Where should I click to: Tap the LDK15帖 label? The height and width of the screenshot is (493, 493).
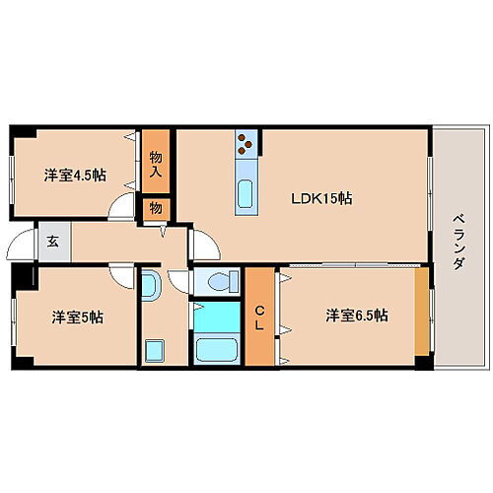[x=321, y=198]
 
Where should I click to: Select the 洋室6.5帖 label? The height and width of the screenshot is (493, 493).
[x=357, y=316]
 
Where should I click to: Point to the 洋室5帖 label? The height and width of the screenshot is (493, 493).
[x=78, y=317]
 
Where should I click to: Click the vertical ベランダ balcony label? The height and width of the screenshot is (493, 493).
[x=458, y=241]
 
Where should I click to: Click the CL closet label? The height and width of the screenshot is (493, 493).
[x=260, y=317]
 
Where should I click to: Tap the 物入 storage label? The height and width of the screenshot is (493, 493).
[x=156, y=164]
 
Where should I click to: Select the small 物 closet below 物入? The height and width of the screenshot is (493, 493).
[x=156, y=208]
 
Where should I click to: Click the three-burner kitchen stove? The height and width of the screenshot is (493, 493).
[x=246, y=146]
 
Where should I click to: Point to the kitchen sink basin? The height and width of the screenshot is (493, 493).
[x=246, y=191]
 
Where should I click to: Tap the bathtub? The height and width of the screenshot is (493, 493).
[x=218, y=349]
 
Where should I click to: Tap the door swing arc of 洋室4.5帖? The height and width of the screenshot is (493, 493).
[x=123, y=206]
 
